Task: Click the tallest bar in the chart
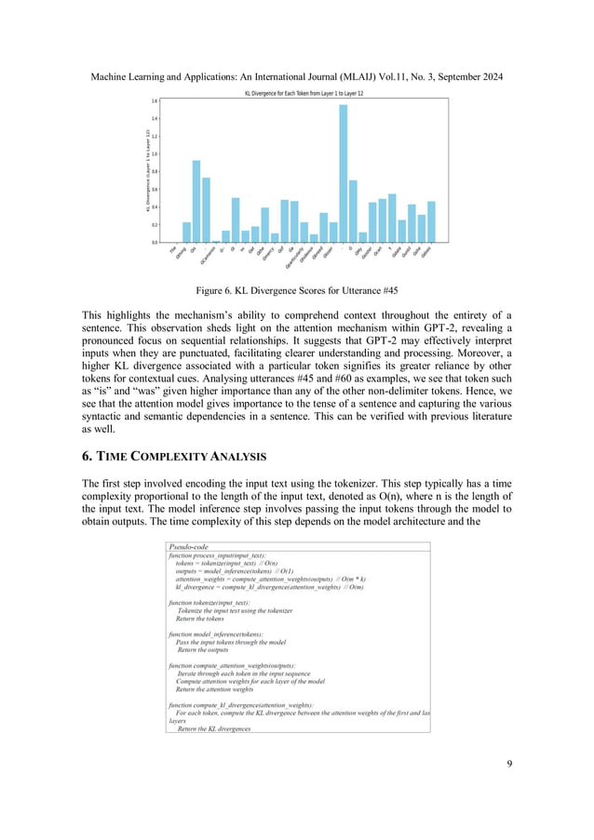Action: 343,173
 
